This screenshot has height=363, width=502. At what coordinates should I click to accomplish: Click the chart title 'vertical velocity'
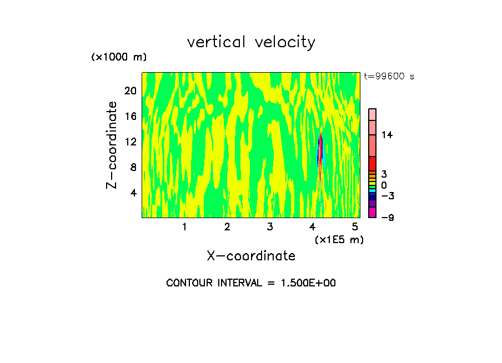click(x=251, y=42)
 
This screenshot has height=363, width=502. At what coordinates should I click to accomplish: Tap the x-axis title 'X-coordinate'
click(x=251, y=256)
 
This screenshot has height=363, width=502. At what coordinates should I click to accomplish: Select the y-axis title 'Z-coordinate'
click(x=112, y=145)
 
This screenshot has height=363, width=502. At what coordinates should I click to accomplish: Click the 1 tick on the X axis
click(x=184, y=226)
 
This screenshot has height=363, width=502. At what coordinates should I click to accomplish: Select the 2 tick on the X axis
click(x=227, y=226)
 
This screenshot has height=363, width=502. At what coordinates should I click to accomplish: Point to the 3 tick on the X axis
click(x=269, y=226)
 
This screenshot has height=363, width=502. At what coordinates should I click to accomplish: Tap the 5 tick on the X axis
click(x=355, y=226)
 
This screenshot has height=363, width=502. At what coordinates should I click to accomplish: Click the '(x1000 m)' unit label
click(x=118, y=57)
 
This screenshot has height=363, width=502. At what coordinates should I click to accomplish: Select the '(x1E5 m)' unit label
click(x=339, y=239)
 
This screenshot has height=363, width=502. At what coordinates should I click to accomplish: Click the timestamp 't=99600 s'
click(x=389, y=77)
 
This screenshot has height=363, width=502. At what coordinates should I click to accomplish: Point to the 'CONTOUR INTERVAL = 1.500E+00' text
click(x=251, y=283)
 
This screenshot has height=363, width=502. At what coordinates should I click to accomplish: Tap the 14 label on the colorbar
click(x=387, y=135)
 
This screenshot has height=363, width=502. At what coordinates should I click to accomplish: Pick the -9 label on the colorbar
click(x=387, y=218)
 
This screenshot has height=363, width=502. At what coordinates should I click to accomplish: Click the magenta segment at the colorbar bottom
click(x=372, y=212)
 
